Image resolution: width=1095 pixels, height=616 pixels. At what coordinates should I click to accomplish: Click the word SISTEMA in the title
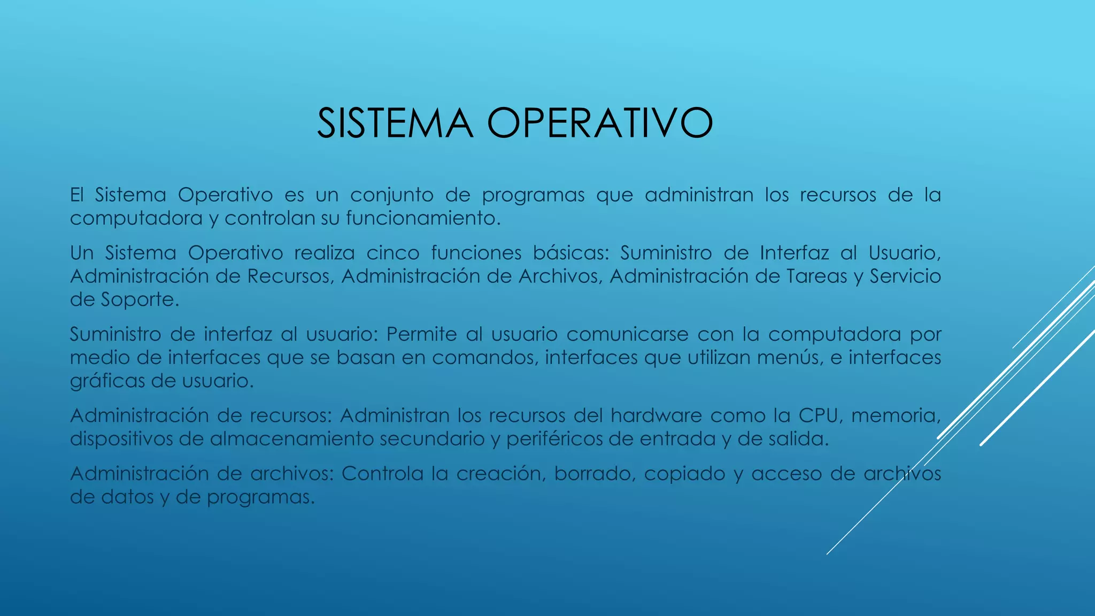pos(395,124)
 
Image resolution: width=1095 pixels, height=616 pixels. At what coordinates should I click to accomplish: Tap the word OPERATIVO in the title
pos(600,124)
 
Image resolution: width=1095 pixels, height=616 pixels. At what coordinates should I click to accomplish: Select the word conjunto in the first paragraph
pos(391,196)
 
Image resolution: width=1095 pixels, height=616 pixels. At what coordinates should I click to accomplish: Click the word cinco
pos(393,253)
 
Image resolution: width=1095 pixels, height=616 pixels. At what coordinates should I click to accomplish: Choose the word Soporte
pos(140,300)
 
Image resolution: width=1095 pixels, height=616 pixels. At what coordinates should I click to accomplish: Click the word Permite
pos(421,335)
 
